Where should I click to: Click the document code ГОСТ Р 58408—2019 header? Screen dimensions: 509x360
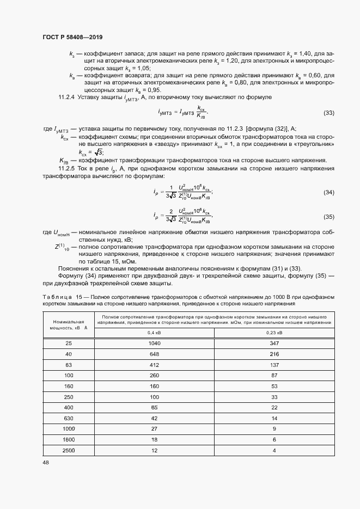72,37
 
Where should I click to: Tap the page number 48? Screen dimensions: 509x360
46,462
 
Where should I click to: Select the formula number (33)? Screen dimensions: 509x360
328,113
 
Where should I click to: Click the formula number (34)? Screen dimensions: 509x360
328,193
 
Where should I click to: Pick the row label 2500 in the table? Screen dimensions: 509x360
69,451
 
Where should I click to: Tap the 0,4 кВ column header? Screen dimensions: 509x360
155,332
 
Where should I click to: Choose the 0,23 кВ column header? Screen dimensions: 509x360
274,332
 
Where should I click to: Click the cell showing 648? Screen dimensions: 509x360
155,354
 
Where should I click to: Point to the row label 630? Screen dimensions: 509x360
69,418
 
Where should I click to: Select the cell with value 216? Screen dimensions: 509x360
274,354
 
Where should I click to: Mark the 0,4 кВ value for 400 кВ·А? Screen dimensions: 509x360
155,408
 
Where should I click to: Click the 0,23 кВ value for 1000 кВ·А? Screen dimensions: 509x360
274,429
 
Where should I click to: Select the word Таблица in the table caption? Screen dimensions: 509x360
56,296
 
